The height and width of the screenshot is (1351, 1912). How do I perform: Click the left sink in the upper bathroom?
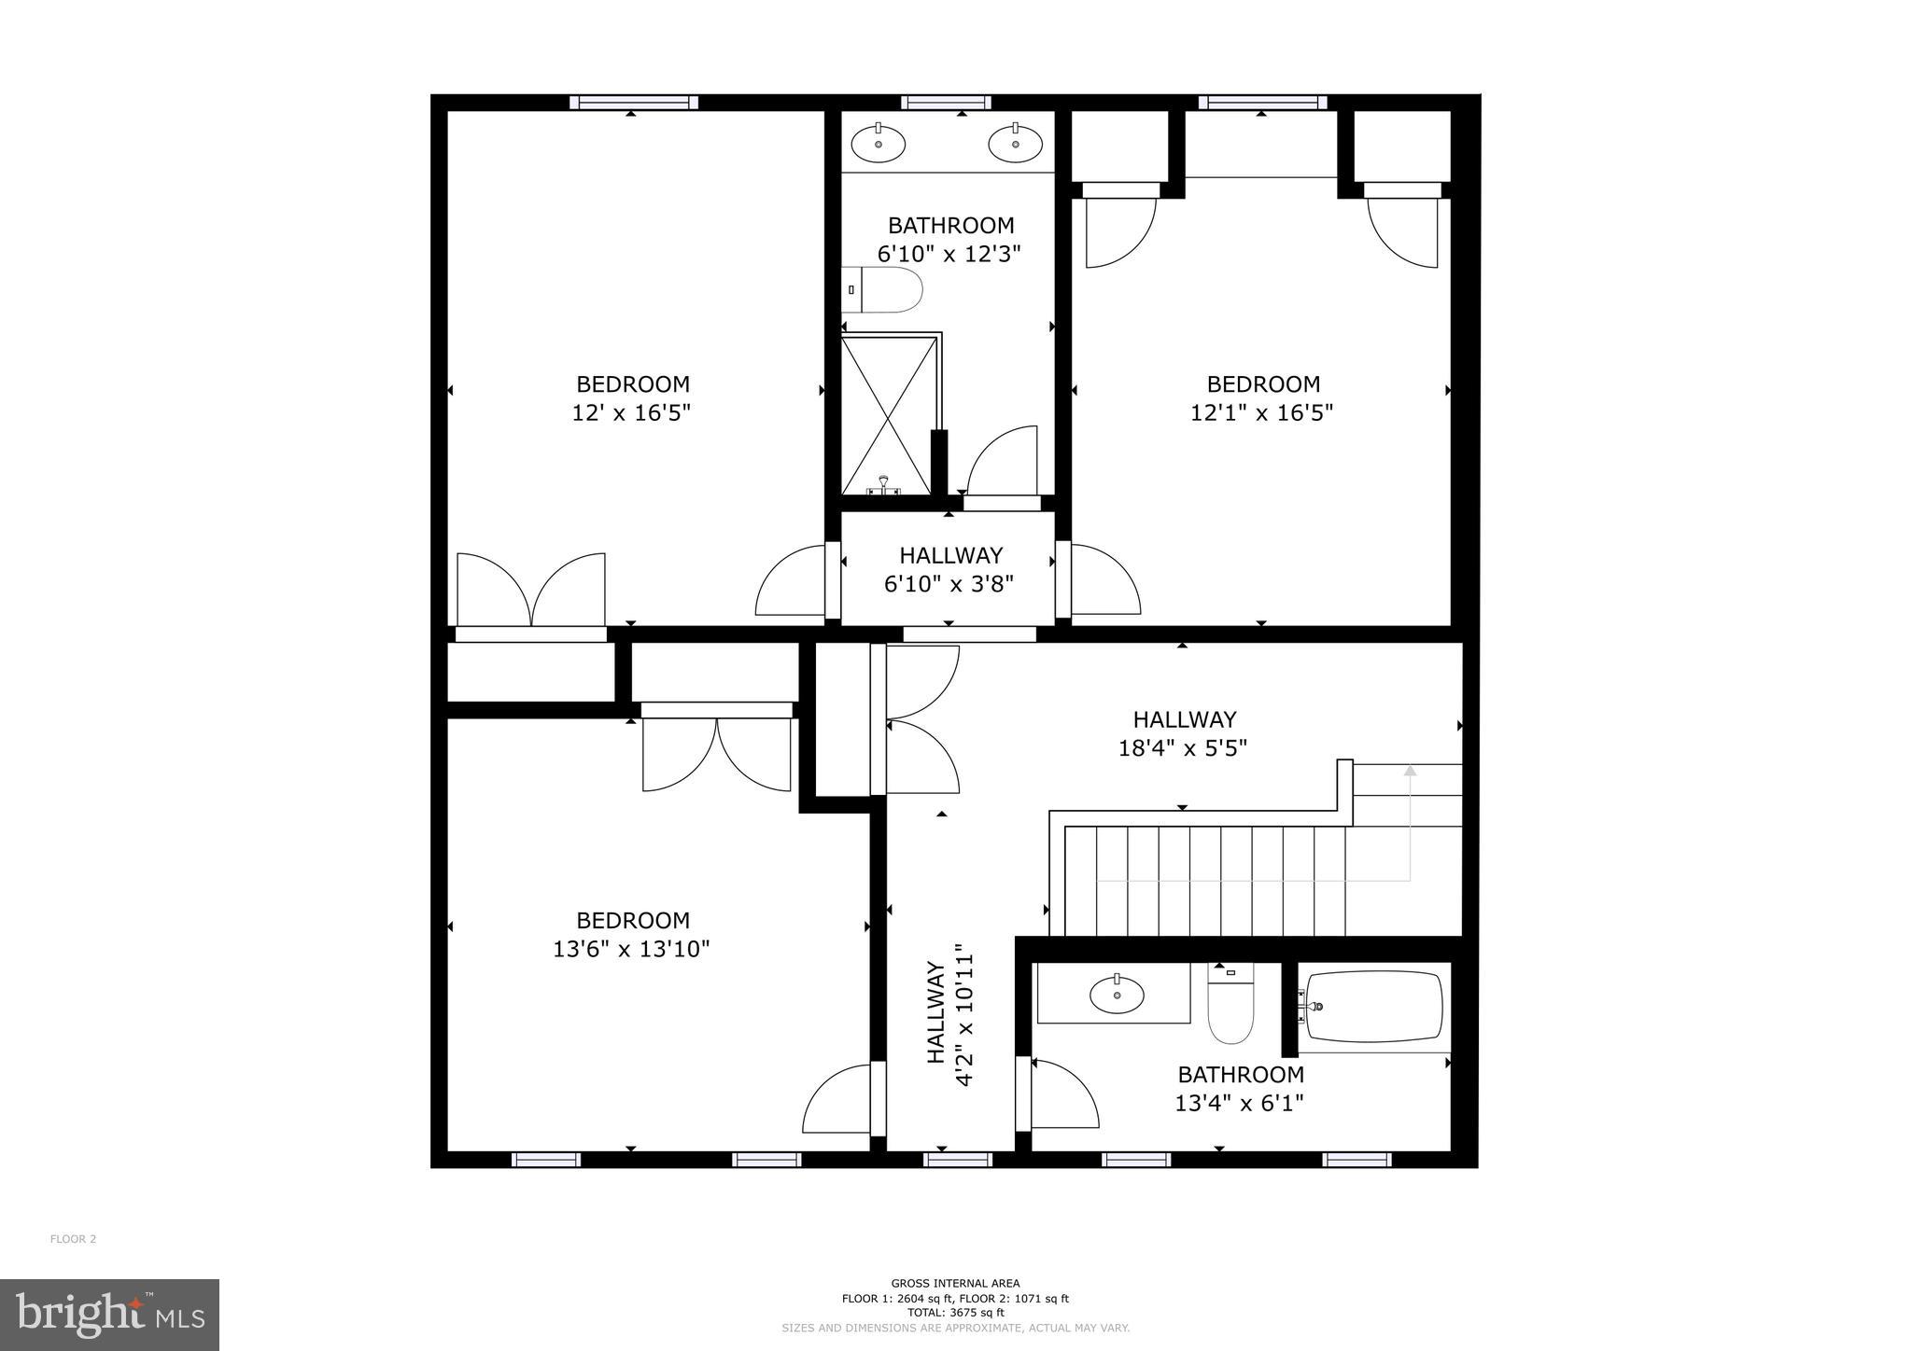pos(879,144)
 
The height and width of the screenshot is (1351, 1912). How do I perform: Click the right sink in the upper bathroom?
pos(1015,144)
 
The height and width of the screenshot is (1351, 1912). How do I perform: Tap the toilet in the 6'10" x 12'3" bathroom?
pos(885,290)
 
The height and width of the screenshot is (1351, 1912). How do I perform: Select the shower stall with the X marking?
pos(887,415)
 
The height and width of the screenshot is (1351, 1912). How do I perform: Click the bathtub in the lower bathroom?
pos(1373,1007)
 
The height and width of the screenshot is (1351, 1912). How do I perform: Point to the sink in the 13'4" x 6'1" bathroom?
pos(1117,995)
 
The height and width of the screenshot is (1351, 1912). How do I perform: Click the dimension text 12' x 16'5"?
pos(631,412)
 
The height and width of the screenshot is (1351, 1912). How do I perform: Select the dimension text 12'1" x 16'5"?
pos(1261,412)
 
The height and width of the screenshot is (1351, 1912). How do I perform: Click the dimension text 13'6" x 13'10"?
pos(631,949)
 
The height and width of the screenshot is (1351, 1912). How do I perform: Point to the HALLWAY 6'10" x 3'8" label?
pos(949,569)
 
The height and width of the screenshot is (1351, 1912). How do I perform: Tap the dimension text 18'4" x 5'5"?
pos(1183,748)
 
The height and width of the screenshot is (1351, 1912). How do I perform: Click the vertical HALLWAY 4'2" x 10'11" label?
pos(950,1025)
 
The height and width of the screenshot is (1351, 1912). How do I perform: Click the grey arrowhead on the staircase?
pos(1410,771)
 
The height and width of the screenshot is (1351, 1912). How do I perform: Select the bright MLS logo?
pos(109,1315)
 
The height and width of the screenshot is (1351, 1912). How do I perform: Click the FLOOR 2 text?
pos(73,1239)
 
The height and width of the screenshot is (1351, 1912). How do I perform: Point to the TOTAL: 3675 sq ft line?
pos(954,1312)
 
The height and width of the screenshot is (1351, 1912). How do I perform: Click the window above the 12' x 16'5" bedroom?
pos(634,102)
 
